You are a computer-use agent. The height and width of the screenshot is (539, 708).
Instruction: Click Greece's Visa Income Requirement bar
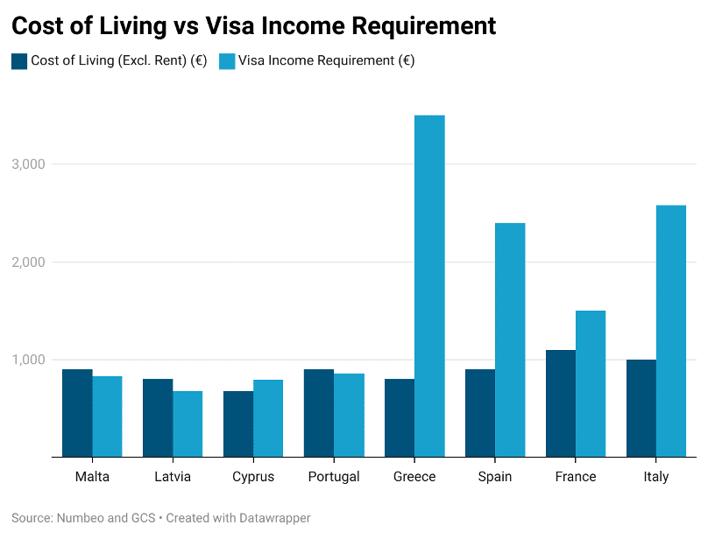pos(429,286)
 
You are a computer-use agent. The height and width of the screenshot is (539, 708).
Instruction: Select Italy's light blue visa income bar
pos(671,331)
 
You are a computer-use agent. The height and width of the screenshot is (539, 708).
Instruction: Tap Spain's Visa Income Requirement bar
pos(510,339)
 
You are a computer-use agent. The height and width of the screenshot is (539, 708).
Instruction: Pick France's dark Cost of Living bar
pos(561,403)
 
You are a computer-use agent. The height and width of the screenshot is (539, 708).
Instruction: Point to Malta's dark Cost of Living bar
pos(77,413)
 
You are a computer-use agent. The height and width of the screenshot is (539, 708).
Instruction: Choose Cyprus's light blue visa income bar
pos(268,418)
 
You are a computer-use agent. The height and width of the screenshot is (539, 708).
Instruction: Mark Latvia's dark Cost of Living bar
pos(158,417)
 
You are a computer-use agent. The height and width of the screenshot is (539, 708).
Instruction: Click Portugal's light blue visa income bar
pos(349,415)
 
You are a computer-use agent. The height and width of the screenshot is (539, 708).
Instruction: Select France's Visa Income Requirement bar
pos(591,383)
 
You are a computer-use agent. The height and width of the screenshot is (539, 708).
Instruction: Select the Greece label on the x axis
pos(414,477)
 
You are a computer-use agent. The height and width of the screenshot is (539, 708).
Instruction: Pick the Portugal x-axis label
pos(334,477)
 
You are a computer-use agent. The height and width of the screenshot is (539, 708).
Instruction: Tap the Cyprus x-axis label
pos(253,477)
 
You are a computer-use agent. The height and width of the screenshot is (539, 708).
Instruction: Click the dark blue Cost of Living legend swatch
pos(19,61)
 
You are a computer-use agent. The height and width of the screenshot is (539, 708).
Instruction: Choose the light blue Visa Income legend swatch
pos(227,61)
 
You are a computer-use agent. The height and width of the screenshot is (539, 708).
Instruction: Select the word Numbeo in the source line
pos(79,518)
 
